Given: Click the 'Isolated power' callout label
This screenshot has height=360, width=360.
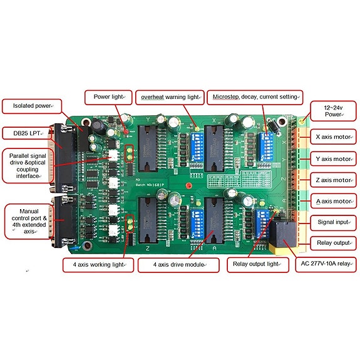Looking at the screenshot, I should [x=32, y=106].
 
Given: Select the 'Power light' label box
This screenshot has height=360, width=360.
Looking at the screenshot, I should [x=108, y=97].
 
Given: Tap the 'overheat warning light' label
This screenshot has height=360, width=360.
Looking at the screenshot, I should [x=168, y=98].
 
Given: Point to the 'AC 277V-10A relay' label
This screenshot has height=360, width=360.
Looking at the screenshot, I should [x=326, y=264].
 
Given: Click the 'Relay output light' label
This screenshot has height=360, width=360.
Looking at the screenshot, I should [x=256, y=264].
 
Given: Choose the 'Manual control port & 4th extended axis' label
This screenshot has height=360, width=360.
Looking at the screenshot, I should [x=30, y=220].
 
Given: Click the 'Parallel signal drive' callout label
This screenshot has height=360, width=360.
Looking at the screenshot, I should [x=31, y=165].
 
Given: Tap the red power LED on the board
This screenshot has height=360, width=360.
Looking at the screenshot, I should [x=126, y=133].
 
